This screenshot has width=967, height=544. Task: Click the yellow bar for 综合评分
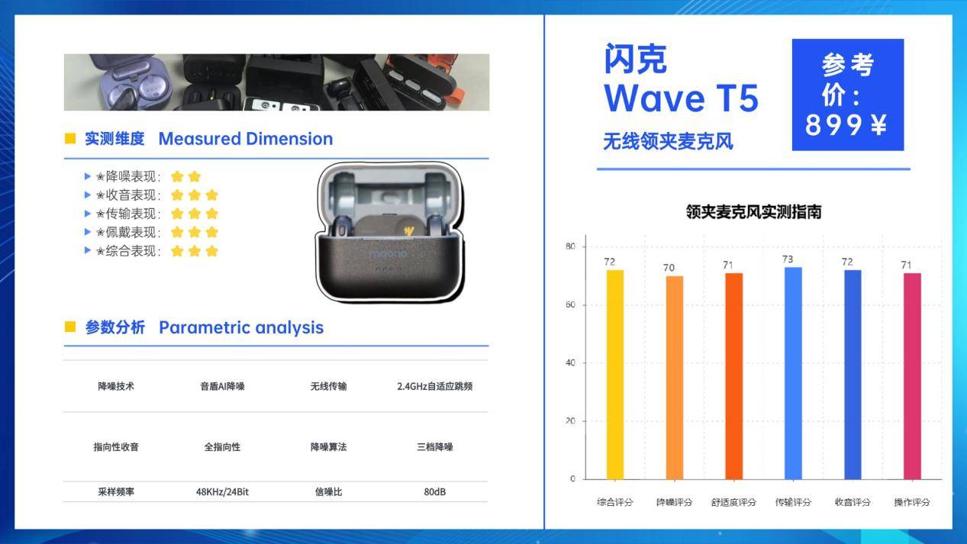tap(614, 375)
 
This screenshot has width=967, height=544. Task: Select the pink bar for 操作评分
tap(912, 376)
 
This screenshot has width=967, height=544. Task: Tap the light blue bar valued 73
tap(793, 373)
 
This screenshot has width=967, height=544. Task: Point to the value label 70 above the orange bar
tap(669, 268)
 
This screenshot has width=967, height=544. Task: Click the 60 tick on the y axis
tap(570, 304)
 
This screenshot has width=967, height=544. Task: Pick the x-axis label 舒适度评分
tap(733, 502)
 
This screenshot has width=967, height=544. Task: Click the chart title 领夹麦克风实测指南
tap(753, 212)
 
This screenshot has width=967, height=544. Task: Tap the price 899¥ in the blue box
tap(846, 125)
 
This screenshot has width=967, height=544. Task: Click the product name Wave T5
tap(681, 98)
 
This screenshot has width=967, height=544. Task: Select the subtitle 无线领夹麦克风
tap(668, 141)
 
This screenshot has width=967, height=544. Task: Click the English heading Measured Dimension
tap(246, 139)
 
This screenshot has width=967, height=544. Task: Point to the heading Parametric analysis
tap(241, 328)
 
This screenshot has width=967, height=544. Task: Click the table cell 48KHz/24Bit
tap(222, 492)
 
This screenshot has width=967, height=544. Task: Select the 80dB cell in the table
tap(435, 492)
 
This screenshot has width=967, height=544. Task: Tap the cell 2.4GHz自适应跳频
tap(435, 386)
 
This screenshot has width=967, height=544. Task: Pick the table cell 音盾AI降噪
tap(222, 386)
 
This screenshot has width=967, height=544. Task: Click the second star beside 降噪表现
tap(195, 176)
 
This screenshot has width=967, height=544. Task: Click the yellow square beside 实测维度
tap(70, 139)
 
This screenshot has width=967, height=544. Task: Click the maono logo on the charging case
tap(388, 253)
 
